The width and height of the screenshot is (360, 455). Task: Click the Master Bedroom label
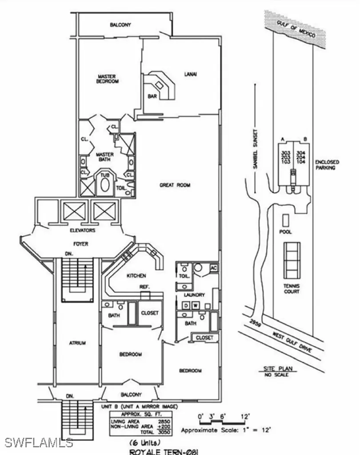point(107,79)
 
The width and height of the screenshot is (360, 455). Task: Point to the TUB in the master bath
point(104,175)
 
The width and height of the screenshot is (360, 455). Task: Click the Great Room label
point(175,185)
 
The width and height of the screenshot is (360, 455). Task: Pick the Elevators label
point(82,231)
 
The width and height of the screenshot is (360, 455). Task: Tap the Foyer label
point(80,244)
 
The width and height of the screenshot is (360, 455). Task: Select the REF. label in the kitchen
point(144,287)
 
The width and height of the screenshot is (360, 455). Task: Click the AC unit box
point(213,268)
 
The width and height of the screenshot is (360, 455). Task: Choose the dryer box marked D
point(186,305)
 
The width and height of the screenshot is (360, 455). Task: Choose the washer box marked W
point(195,305)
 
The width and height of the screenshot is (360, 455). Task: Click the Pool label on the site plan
point(286,232)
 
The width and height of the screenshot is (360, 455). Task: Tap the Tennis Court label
point(292,288)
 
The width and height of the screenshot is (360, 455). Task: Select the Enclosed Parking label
point(327,165)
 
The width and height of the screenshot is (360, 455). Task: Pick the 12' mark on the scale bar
point(245,416)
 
